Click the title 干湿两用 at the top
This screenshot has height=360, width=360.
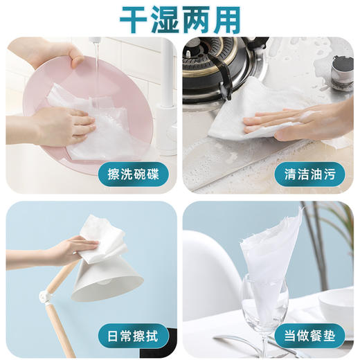179,20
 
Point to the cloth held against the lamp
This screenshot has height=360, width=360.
100,239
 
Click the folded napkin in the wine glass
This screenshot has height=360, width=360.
273,249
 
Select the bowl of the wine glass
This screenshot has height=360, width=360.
263,305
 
